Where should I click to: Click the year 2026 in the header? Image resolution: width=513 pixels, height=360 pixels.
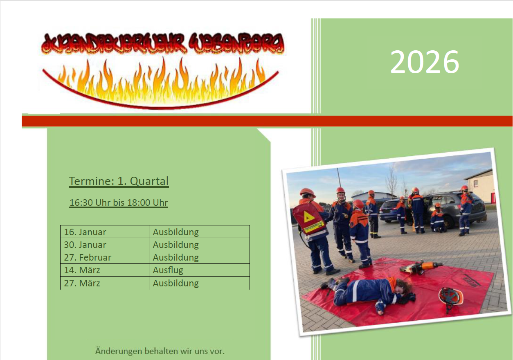(x=425, y=62)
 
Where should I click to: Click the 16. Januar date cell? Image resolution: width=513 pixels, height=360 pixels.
(x=85, y=232)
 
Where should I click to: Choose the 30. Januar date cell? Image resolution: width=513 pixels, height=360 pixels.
(x=85, y=245)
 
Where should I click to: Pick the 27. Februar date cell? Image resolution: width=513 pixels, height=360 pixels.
(x=88, y=257)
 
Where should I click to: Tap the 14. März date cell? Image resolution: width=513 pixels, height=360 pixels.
(x=82, y=270)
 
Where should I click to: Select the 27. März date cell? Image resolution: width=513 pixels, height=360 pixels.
(x=82, y=283)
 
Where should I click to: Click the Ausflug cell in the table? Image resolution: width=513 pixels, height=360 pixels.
(x=168, y=270)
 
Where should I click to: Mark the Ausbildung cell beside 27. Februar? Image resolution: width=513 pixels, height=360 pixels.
(x=176, y=257)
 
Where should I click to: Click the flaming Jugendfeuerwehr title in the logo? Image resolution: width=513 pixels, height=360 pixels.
(x=162, y=44)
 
